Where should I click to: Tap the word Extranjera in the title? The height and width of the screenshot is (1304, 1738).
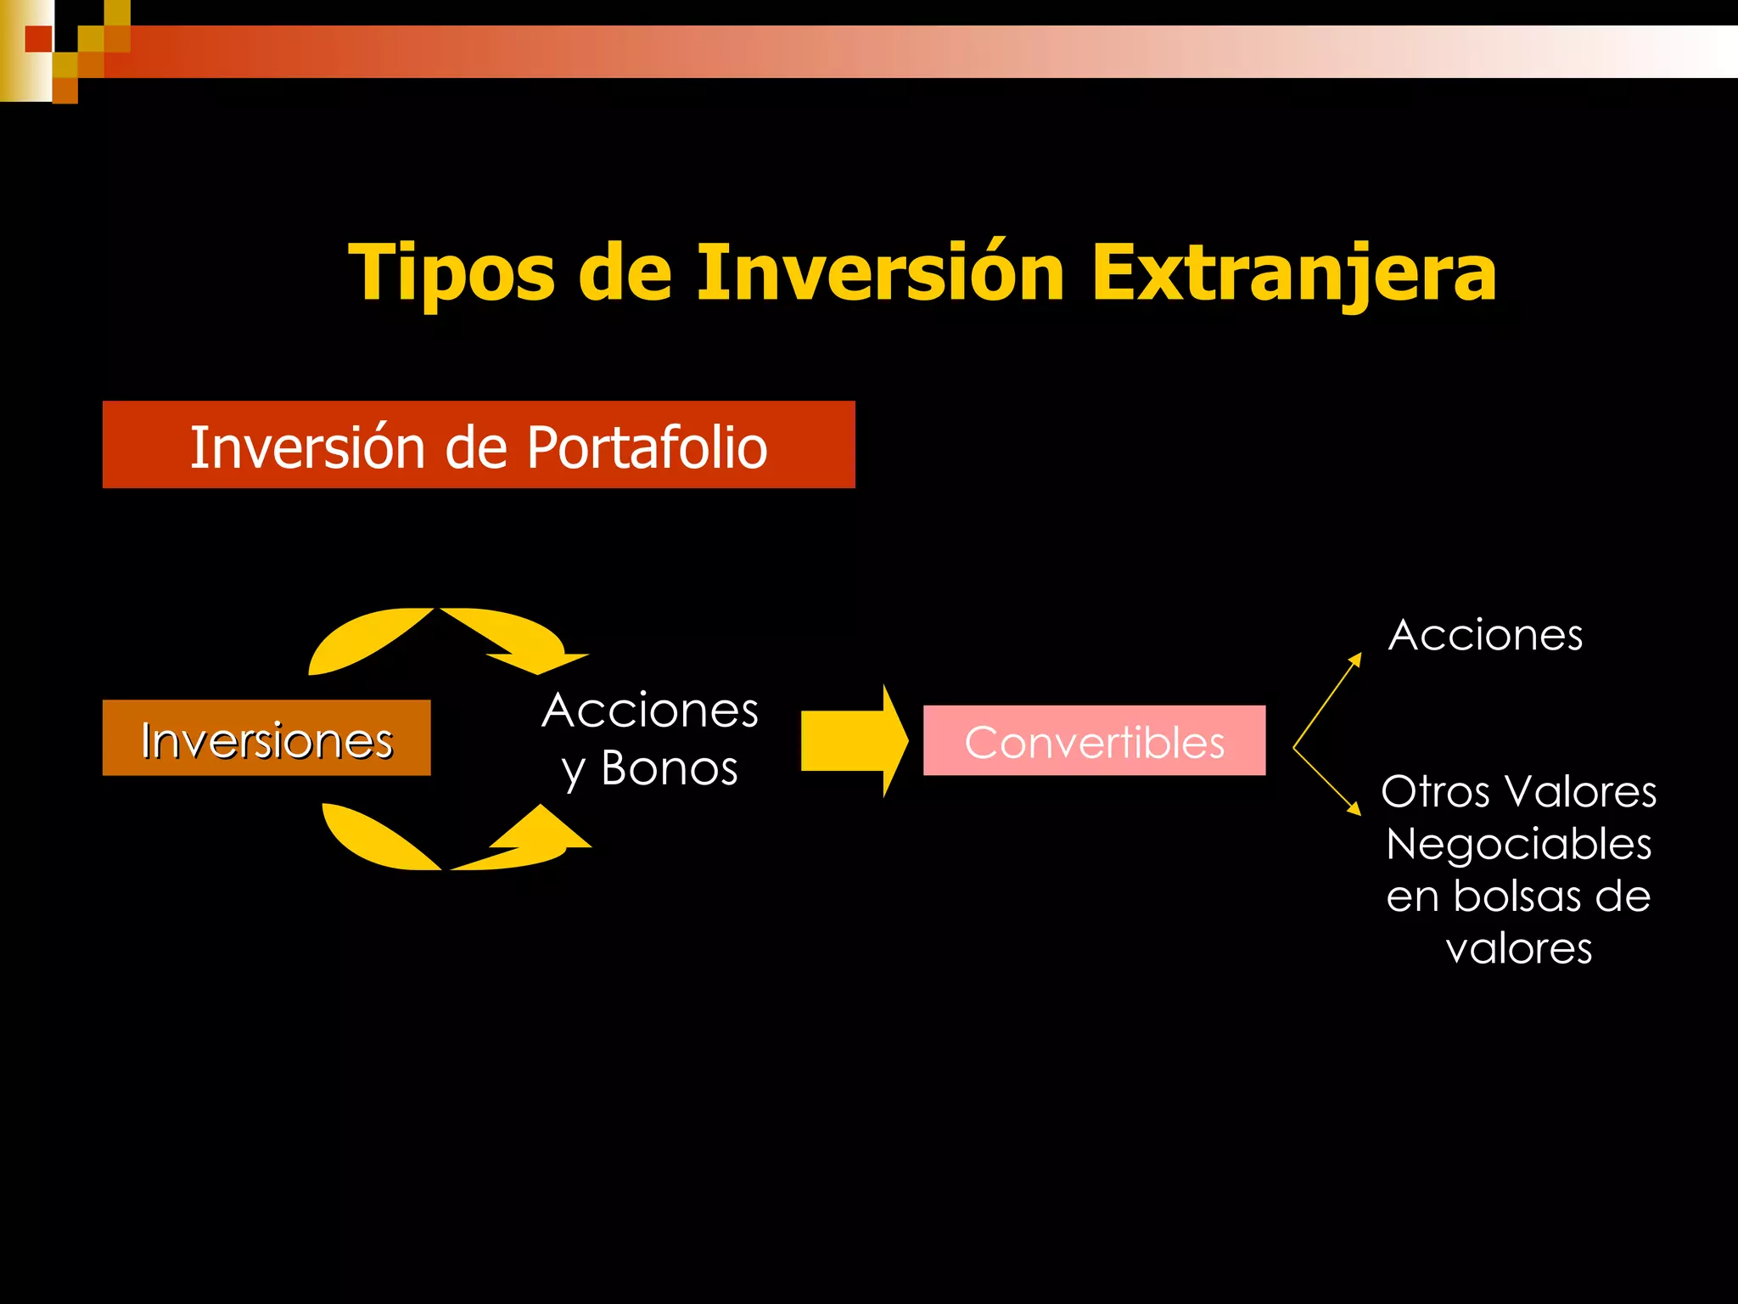click(1293, 273)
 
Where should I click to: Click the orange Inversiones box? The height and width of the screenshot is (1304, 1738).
click(266, 738)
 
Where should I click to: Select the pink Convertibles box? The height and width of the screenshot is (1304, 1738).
click(1094, 740)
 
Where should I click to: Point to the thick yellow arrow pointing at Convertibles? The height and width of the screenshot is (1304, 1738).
click(854, 741)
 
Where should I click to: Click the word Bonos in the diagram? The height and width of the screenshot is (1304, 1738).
click(670, 768)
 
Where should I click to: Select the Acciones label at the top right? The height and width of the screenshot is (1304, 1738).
click(1485, 635)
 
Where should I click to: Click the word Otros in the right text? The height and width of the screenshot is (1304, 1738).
click(1435, 792)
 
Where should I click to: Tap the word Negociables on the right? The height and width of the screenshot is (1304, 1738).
click(1518, 845)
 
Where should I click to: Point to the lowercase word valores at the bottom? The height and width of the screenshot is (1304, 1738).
click(1518, 948)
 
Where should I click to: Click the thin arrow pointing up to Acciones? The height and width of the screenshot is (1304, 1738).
click(1326, 701)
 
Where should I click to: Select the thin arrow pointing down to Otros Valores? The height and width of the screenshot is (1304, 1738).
click(1326, 781)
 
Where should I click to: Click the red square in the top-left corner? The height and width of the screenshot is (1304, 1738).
click(38, 39)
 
